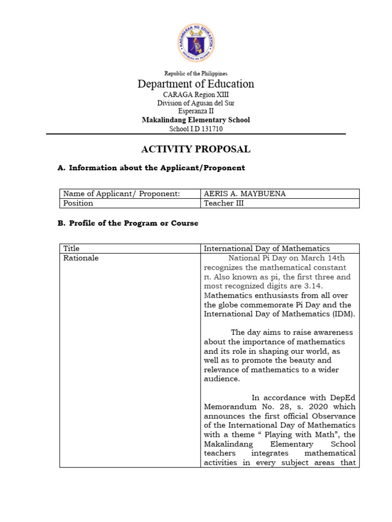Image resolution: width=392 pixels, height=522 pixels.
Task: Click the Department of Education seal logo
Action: point(196,42)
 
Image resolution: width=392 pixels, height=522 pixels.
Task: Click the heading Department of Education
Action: point(196,84)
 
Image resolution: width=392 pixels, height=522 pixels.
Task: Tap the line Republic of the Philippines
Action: point(196,74)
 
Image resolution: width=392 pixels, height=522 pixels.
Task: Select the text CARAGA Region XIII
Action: point(196,95)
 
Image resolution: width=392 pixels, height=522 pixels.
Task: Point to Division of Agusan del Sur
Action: point(196,103)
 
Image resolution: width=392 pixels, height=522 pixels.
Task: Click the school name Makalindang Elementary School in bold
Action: point(196,120)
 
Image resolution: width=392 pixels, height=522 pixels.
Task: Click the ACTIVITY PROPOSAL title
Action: point(196,149)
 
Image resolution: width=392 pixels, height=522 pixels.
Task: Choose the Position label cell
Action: point(79,203)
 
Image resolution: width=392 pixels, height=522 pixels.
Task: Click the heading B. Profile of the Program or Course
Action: point(129,223)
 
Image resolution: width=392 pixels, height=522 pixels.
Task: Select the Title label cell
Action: point(72,249)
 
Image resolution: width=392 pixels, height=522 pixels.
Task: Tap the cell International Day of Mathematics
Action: point(267,249)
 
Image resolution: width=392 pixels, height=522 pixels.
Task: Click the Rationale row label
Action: point(81,258)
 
